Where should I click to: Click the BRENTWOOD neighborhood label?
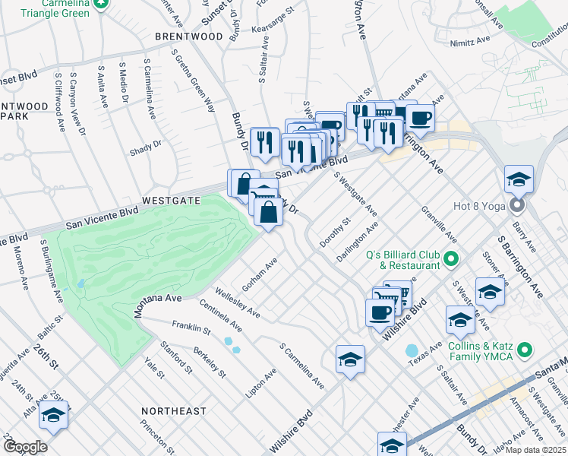click(x=189, y=36)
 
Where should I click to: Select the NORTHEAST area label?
click(x=173, y=411)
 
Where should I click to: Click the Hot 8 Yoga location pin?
click(x=519, y=206)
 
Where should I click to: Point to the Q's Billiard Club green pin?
click(x=450, y=260)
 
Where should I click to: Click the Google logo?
click(x=24, y=447)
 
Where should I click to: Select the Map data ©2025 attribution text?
click(x=535, y=450)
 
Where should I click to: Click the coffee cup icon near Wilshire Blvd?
click(x=380, y=311)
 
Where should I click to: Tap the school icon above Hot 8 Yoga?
click(x=519, y=179)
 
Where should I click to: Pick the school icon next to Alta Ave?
click(x=54, y=415)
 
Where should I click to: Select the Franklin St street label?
click(x=191, y=328)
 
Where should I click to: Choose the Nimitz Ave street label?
click(x=468, y=44)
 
